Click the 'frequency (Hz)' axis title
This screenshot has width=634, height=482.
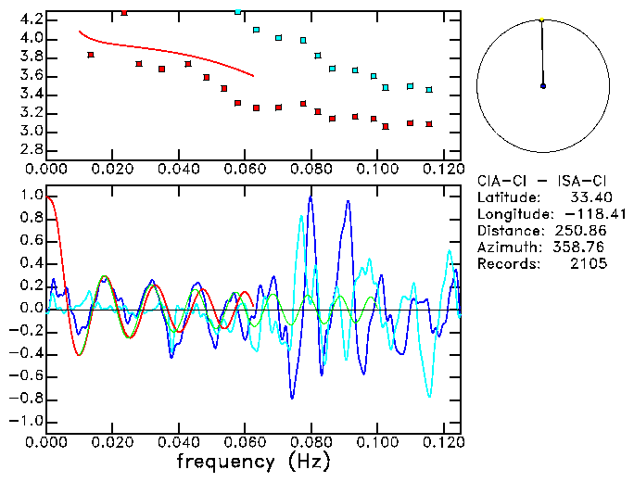click(x=250, y=461)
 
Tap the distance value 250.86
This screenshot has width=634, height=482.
click(x=581, y=231)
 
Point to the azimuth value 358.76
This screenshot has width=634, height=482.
click(x=581, y=247)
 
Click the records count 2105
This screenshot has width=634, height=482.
click(x=588, y=264)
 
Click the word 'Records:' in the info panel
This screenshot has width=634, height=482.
click(x=507, y=264)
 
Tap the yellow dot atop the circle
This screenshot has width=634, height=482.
click(x=541, y=19)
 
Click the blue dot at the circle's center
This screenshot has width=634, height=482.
click(x=543, y=86)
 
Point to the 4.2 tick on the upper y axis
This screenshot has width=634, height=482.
click(x=30, y=19)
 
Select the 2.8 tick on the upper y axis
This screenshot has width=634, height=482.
click(x=30, y=150)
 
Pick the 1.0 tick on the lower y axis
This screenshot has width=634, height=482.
click(x=30, y=197)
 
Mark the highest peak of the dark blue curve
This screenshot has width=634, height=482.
click(x=310, y=197)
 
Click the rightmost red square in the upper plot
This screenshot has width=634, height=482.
click(x=428, y=123)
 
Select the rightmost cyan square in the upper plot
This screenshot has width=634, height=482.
click(x=428, y=90)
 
